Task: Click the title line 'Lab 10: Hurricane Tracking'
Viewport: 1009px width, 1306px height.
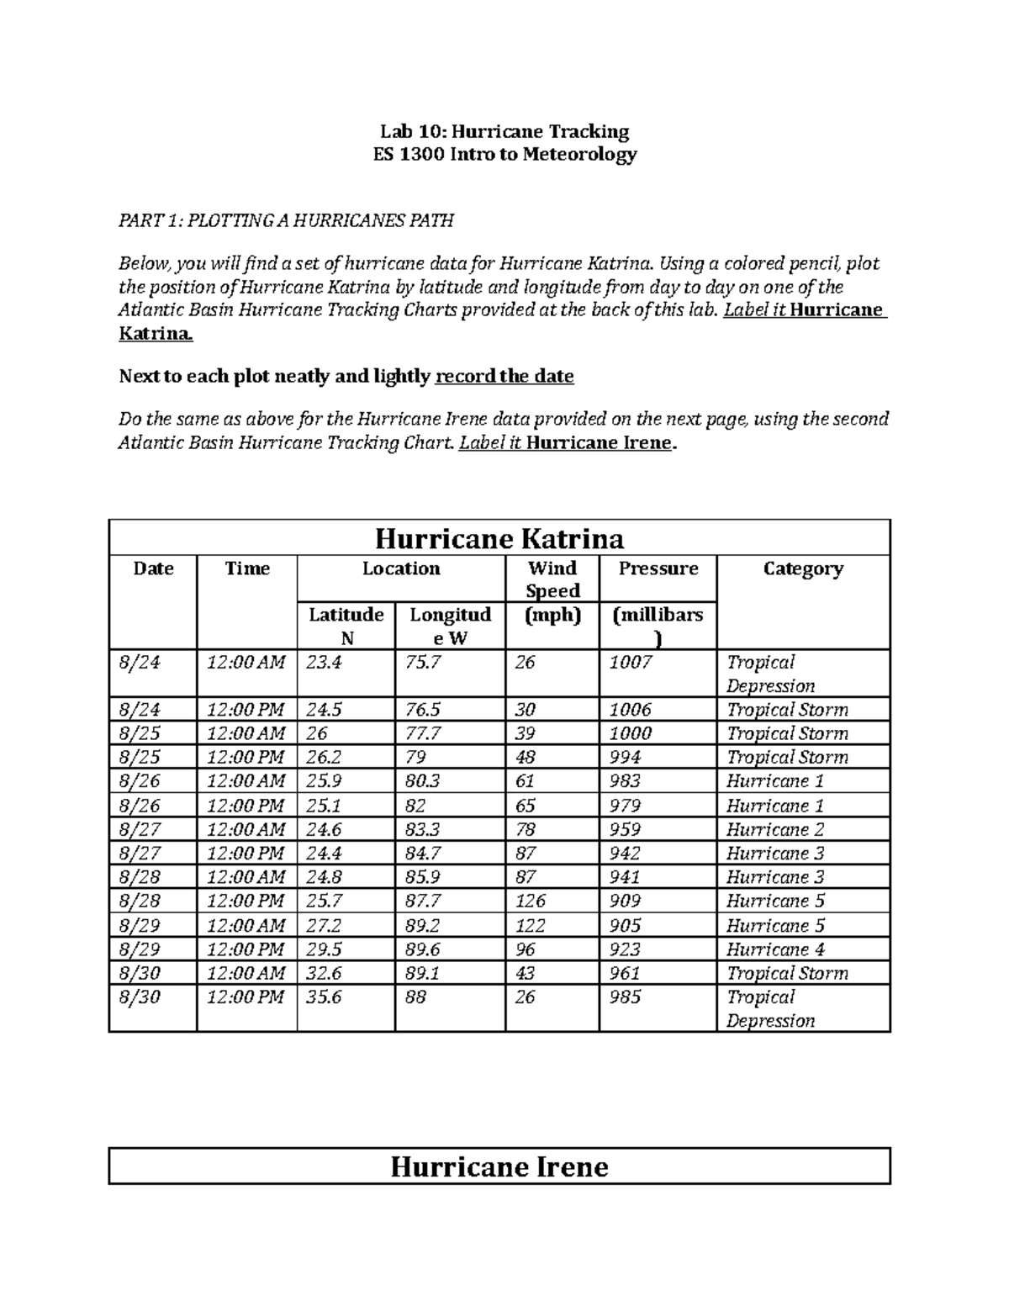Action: coord(504,131)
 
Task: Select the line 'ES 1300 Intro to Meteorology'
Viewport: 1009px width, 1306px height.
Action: coord(504,154)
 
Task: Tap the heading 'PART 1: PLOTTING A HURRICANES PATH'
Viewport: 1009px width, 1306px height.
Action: coord(286,220)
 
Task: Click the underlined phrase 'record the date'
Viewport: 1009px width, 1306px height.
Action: coord(504,376)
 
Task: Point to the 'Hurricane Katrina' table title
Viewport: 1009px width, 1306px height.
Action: coord(499,538)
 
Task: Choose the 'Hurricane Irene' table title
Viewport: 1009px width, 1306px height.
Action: coord(499,1166)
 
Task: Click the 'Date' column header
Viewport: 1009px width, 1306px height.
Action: coord(153,568)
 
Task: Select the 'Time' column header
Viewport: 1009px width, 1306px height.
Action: coord(247,568)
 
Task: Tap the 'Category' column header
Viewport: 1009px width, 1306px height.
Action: coord(803,568)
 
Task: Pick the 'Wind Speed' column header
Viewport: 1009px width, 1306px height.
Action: coord(552,579)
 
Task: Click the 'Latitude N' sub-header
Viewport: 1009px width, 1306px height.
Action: coord(346,626)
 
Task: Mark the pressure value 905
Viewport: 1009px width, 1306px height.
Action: coord(625,925)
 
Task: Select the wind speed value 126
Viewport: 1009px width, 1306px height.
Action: coord(530,901)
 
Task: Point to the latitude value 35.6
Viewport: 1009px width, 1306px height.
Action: coord(324,997)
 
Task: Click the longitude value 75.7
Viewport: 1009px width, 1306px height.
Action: coord(422,662)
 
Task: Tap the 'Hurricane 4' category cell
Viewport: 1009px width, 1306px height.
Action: coord(775,949)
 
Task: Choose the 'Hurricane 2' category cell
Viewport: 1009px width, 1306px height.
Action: coord(775,829)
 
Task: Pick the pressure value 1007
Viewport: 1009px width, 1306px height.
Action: coord(631,662)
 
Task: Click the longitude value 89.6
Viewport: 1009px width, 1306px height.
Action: coord(422,949)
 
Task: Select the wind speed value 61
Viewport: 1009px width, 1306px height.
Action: coord(525,780)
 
